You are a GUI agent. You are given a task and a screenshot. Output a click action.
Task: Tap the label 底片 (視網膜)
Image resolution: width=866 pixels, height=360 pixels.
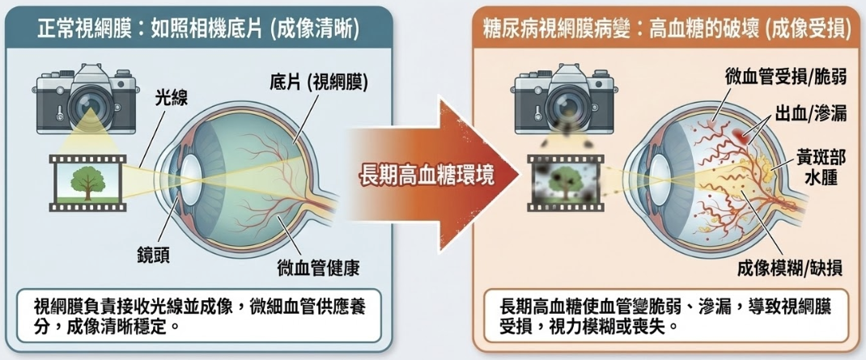point(318,82)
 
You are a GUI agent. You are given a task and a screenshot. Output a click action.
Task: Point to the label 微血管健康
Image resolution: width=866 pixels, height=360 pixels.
point(317,266)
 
